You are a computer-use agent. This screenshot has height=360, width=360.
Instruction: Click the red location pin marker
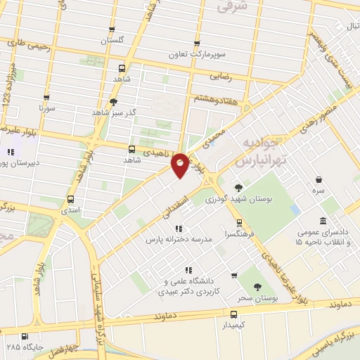tap(181, 165)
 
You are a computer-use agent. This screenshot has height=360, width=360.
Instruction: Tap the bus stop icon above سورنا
tap(47, 98)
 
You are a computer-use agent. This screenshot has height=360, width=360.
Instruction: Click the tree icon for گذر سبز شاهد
tap(113, 102)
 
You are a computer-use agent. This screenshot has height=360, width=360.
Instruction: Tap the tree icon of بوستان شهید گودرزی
tap(238, 187)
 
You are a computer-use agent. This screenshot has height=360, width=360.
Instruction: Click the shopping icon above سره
tap(320, 179)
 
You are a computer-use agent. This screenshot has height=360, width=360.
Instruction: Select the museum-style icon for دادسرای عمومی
tap(323, 221)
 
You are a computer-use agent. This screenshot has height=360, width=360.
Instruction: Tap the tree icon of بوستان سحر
tap(257, 286)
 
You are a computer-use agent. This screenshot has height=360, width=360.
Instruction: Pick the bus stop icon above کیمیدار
tap(234, 314)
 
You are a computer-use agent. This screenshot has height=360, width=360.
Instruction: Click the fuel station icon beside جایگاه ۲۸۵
tap(26, 336)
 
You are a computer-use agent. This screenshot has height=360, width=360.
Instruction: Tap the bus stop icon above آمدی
tap(70, 198)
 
